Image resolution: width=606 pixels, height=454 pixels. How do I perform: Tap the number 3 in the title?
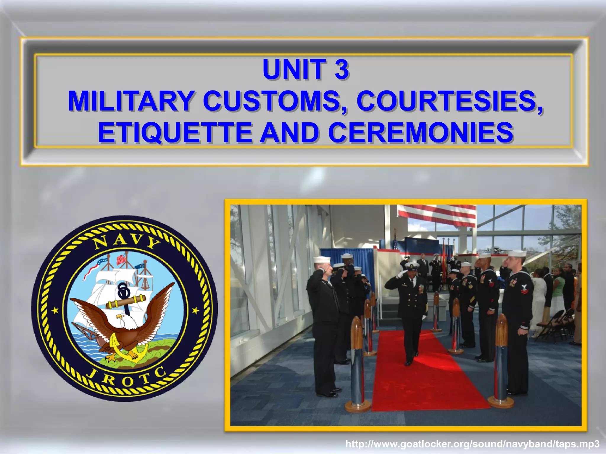[x=342, y=70]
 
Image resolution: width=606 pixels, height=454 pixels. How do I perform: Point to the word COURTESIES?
[x=450, y=101]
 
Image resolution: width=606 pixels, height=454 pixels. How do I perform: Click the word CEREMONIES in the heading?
[x=420, y=133]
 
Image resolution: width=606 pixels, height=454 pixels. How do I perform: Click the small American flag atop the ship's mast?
[x=121, y=260]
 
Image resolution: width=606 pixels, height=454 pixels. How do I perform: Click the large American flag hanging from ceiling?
[x=436, y=215]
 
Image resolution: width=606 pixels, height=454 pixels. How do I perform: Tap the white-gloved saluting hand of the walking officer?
[x=400, y=274]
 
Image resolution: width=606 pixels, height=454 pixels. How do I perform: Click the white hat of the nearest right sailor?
[x=517, y=253]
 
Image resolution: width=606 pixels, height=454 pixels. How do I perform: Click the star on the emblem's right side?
[x=195, y=310]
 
